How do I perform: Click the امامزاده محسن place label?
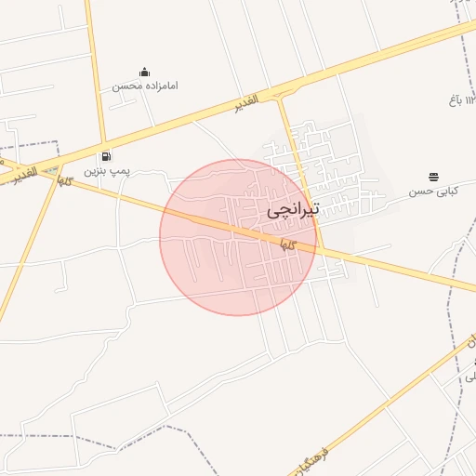tap(145, 86)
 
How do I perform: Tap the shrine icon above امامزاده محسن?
tap(144, 72)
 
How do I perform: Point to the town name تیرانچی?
tap(293, 210)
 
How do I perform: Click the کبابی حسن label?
tap(434, 192)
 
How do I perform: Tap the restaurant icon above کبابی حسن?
tap(434, 177)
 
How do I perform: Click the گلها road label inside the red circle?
tap(288, 245)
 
